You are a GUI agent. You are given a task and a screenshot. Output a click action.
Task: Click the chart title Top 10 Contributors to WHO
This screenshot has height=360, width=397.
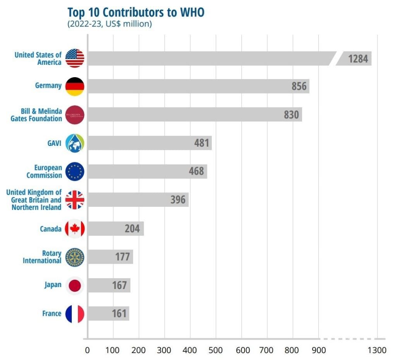[x=136, y=12]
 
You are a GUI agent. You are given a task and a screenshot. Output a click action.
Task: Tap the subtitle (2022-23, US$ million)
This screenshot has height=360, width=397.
[x=110, y=24]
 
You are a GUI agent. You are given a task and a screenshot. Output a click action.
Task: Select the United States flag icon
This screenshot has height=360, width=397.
[x=75, y=59]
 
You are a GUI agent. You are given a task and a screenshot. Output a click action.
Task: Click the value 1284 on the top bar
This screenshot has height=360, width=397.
[x=358, y=59]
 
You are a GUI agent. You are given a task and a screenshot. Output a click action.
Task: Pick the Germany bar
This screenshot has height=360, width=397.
[x=198, y=86]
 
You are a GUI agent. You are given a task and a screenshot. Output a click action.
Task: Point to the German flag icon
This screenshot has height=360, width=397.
[x=75, y=86]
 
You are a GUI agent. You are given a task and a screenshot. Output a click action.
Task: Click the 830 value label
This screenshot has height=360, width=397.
[x=291, y=115]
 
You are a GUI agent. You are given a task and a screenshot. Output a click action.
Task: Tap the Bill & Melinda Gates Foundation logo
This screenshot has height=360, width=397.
[x=75, y=115]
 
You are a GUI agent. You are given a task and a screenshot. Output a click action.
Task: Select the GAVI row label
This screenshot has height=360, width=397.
[x=55, y=143]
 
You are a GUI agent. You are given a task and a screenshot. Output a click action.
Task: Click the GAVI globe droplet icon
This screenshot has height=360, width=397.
[x=75, y=143]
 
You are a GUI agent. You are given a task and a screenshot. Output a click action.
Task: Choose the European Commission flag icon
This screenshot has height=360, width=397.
[x=75, y=171]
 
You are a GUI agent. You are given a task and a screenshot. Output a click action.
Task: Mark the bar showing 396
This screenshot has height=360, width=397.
[x=138, y=200]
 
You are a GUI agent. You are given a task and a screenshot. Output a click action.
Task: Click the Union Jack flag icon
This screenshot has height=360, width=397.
[x=75, y=200]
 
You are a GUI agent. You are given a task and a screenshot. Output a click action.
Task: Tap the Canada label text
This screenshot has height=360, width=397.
[x=50, y=229]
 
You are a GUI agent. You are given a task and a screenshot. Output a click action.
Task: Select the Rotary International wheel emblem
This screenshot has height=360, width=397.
[x=75, y=257]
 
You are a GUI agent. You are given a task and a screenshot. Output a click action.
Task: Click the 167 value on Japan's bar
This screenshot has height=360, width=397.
[x=119, y=286]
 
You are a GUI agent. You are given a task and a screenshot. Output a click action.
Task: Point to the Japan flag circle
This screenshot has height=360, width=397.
[x=75, y=286]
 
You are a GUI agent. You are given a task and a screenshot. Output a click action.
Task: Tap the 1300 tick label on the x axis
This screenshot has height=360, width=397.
[x=376, y=350]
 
